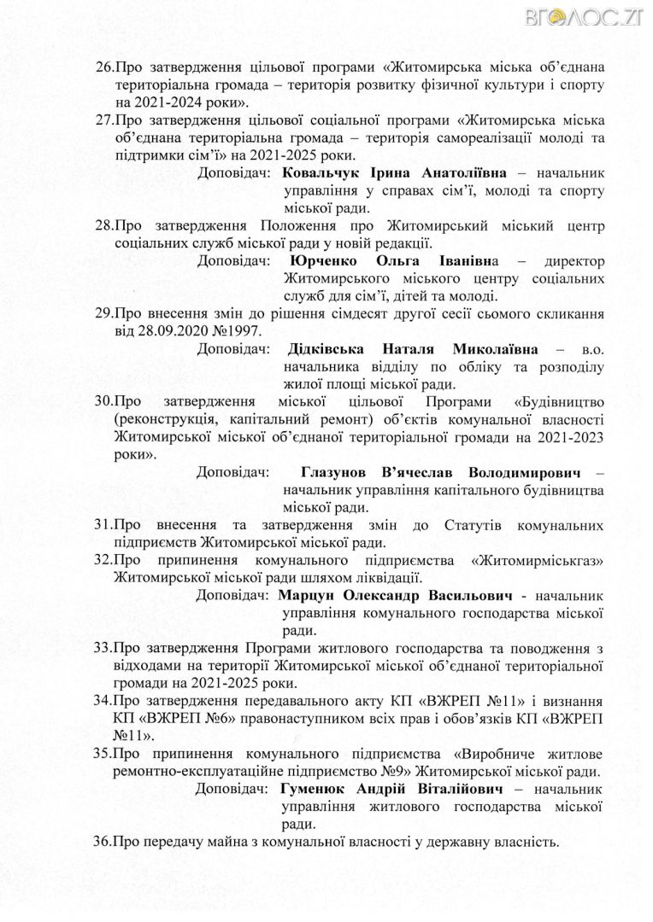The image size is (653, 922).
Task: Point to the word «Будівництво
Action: [x=560, y=402]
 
